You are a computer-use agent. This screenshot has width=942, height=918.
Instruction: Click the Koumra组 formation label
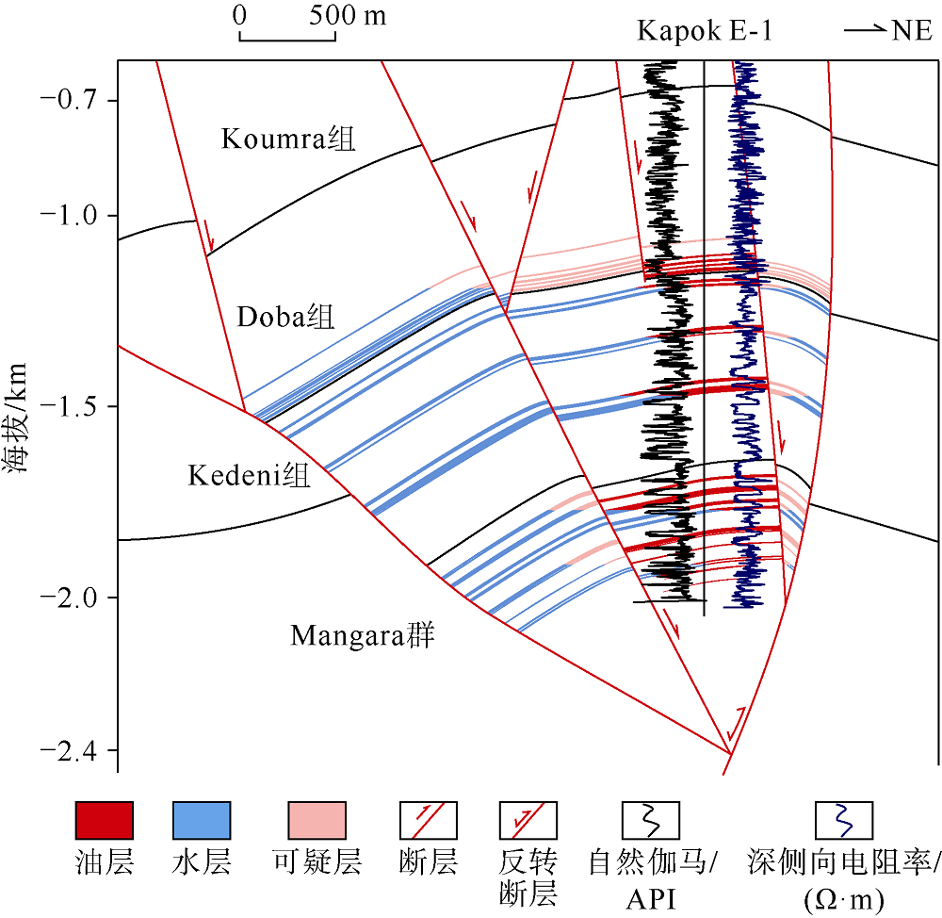tap(288, 139)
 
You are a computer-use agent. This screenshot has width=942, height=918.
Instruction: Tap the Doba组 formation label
tap(285, 317)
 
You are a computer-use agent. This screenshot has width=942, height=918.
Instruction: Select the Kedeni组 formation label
tap(250, 476)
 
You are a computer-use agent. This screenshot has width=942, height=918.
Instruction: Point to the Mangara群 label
tap(363, 635)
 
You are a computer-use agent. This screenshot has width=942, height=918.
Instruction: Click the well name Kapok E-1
tap(704, 30)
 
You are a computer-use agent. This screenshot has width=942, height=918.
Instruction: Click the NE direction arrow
tap(866, 29)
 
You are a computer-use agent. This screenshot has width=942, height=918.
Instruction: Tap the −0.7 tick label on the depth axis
tap(69, 99)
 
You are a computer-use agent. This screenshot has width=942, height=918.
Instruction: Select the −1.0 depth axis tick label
tap(69, 215)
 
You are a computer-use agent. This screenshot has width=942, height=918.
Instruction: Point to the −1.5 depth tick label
tap(69, 406)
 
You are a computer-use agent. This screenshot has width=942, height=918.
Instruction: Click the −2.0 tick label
tap(69, 597)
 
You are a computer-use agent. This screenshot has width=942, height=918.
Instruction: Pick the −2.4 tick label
tap(69, 750)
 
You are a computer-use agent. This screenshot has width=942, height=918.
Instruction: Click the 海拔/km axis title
tap(16, 418)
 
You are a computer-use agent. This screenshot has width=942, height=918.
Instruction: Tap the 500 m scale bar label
tap(348, 15)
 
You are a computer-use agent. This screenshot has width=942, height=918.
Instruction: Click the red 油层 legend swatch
tap(104, 820)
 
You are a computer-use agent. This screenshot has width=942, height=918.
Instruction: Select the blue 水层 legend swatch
tap(202, 820)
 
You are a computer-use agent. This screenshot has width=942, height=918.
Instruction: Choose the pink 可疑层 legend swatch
tap(317, 820)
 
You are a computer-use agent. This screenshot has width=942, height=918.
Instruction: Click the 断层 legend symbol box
tap(429, 820)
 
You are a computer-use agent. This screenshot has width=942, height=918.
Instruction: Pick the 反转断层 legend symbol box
tap(528, 820)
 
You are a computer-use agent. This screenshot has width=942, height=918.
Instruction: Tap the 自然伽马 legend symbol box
tap(651, 820)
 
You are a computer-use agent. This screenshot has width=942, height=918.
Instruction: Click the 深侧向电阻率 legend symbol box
tap(844, 820)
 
